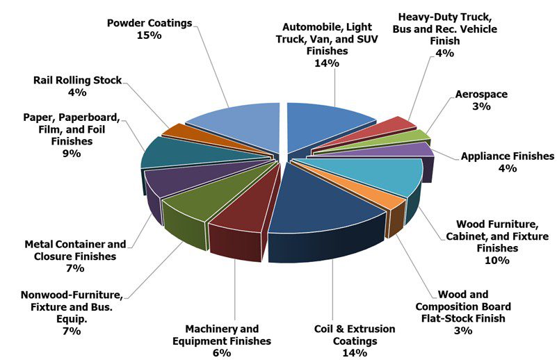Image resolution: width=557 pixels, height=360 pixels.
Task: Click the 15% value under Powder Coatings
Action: pos(150,35)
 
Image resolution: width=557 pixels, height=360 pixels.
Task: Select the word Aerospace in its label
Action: pos(481,94)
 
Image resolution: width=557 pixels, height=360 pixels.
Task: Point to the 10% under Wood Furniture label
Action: pos(498,261)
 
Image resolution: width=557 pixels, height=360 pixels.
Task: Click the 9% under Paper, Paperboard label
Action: pos(70,153)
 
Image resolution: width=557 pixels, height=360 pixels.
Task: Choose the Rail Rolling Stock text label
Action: pos(77,80)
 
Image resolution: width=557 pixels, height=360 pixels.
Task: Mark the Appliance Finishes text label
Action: pos(508,156)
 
